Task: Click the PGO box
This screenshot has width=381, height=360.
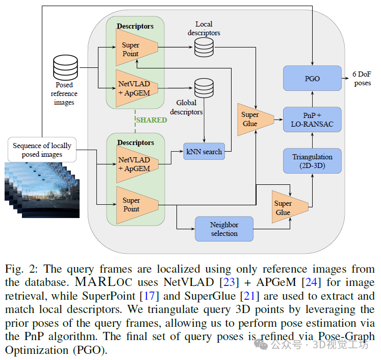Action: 312,78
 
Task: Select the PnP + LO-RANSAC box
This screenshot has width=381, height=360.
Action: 312,119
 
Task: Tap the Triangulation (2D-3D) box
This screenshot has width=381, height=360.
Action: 312,161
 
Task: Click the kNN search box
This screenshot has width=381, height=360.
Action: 204,151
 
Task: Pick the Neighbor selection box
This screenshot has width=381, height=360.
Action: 224,229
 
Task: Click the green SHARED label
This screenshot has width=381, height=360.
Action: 151,120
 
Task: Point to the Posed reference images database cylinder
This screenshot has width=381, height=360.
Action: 66,67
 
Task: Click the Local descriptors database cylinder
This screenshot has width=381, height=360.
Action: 204,47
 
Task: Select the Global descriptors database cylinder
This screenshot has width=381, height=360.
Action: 204,88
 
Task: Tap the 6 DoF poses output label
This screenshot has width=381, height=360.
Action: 362,78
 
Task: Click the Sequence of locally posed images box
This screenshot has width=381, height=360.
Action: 42,150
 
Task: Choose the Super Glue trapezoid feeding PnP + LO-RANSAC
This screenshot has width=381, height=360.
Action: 256,119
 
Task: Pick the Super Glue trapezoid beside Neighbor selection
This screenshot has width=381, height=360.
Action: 290,207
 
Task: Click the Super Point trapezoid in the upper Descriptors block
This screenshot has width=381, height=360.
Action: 137,47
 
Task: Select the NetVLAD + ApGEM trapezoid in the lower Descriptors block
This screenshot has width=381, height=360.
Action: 137,164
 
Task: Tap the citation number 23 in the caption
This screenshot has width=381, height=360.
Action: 229,282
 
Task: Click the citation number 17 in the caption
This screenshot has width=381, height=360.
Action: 149,296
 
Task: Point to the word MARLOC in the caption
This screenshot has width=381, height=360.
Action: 104,282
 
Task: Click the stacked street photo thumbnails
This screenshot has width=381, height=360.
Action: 42,190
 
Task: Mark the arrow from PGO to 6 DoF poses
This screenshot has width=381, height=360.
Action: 345,78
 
